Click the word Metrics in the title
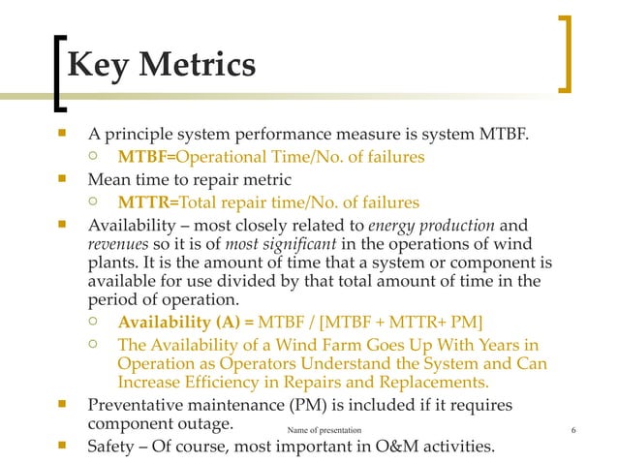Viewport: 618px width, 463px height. pyautogui.click(x=198, y=66)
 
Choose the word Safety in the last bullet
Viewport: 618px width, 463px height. pyautogui.click(x=113, y=447)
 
